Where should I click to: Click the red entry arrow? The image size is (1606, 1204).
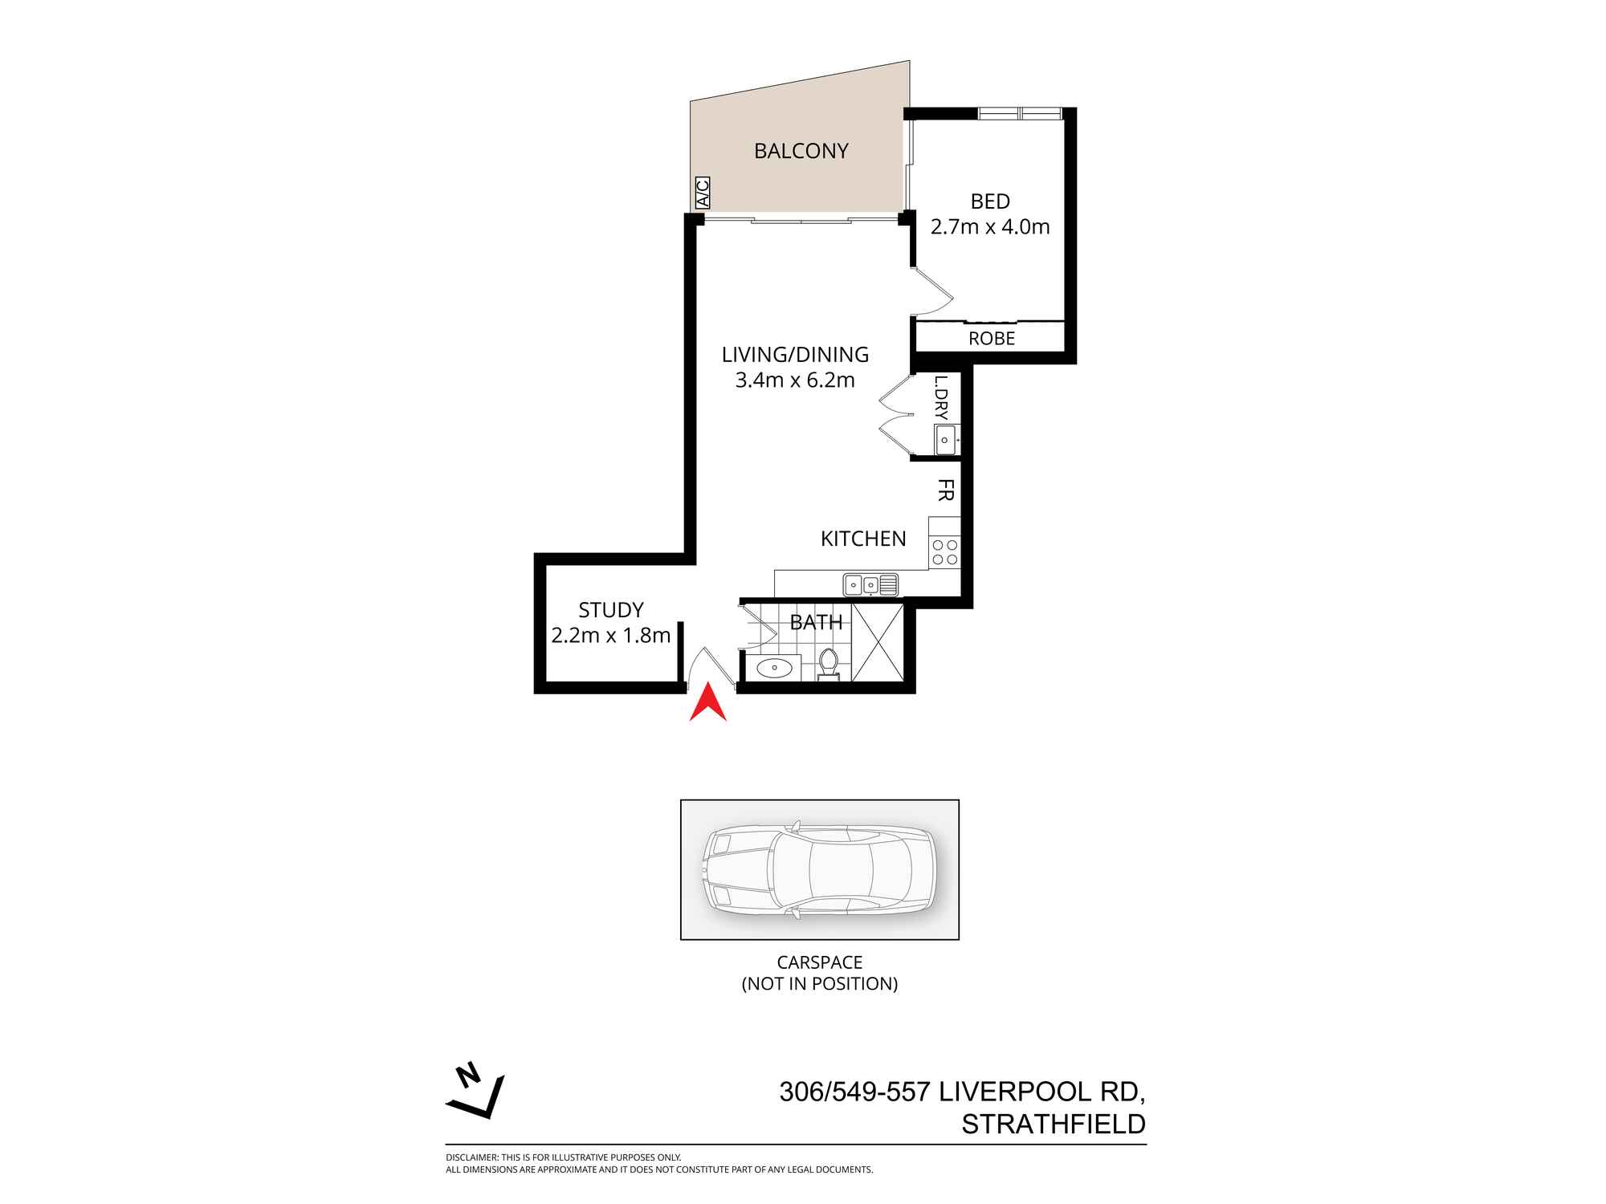pyautogui.click(x=707, y=705)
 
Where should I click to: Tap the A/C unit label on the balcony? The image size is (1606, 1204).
pyautogui.click(x=702, y=193)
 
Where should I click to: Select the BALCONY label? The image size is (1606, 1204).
pyautogui.click(x=801, y=151)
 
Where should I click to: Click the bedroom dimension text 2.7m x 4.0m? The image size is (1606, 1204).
pyautogui.click(x=990, y=227)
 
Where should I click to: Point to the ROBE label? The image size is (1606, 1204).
pyautogui.click(x=992, y=339)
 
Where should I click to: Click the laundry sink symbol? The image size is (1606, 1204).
pyautogui.click(x=945, y=440)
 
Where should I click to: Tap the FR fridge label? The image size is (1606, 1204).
pyautogui.click(x=945, y=490)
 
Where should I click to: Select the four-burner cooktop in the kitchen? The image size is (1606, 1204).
pyautogui.click(x=944, y=552)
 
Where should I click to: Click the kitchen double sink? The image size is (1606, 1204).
pyautogui.click(x=870, y=584)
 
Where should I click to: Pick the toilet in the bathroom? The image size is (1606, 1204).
pyautogui.click(x=829, y=665)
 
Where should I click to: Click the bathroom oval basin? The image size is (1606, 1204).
pyautogui.click(x=773, y=666)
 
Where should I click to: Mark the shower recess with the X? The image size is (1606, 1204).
pyautogui.click(x=877, y=642)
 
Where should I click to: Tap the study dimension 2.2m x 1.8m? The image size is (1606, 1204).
pyautogui.click(x=610, y=636)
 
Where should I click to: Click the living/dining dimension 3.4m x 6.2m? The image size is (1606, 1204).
pyautogui.click(x=795, y=380)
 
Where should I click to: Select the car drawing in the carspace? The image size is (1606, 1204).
pyautogui.click(x=819, y=869)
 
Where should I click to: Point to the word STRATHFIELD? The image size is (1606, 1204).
pyautogui.click(x=1053, y=1125)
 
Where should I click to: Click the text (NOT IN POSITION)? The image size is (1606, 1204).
pyautogui.click(x=819, y=983)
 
